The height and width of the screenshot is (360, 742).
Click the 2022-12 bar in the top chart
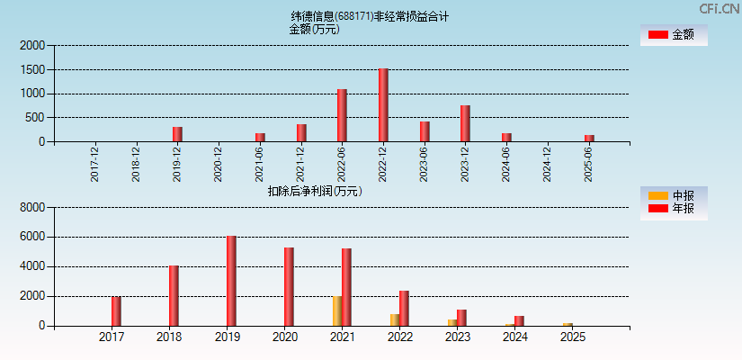pyautogui.click(x=383, y=105)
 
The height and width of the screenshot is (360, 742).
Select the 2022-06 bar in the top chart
pyautogui.click(x=342, y=115)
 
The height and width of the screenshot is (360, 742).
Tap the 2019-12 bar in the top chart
pyautogui.click(x=177, y=134)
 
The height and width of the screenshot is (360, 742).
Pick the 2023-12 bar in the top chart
pyautogui.click(x=465, y=123)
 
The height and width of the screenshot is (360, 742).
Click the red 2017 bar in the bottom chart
pyautogui.click(x=116, y=311)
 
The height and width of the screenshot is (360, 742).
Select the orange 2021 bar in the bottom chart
pyautogui.click(x=336, y=311)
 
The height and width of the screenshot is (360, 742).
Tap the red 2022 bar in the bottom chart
pyautogui.click(x=404, y=309)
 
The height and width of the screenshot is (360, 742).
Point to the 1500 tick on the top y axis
pyautogui.click(x=32, y=69)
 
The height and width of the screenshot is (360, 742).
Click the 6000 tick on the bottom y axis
pyautogui.click(x=32, y=237)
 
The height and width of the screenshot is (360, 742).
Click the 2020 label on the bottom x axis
pyautogui.click(x=284, y=337)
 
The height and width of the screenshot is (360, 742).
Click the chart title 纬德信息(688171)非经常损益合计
pyautogui.click(x=370, y=16)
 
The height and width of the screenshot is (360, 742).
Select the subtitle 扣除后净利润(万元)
pyautogui.click(x=315, y=191)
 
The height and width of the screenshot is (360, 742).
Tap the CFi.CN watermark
pyautogui.click(x=720, y=8)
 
